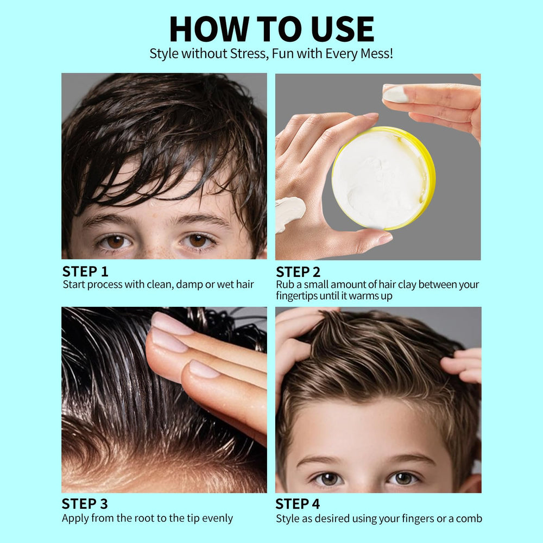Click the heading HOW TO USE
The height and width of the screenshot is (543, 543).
click(x=271, y=29)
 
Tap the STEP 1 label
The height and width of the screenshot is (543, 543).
click(x=85, y=271)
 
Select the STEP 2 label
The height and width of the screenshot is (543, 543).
click(x=298, y=272)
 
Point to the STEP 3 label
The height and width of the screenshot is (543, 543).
click(x=85, y=504)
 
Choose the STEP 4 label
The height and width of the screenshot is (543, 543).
click(x=298, y=504)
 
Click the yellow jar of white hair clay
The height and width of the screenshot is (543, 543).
click(x=384, y=178)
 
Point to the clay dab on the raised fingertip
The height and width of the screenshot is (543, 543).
click(x=395, y=94)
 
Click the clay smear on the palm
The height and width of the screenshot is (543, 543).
click(x=289, y=213)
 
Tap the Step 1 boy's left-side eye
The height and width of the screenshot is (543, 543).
click(x=115, y=241)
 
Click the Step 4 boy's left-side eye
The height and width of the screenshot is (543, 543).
click(x=329, y=479)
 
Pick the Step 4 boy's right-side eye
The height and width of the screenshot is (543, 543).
click(x=403, y=478)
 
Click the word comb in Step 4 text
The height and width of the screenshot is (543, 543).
click(x=469, y=519)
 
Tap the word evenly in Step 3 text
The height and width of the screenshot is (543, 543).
click(x=217, y=519)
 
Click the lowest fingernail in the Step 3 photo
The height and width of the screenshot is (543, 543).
click(x=204, y=369)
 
